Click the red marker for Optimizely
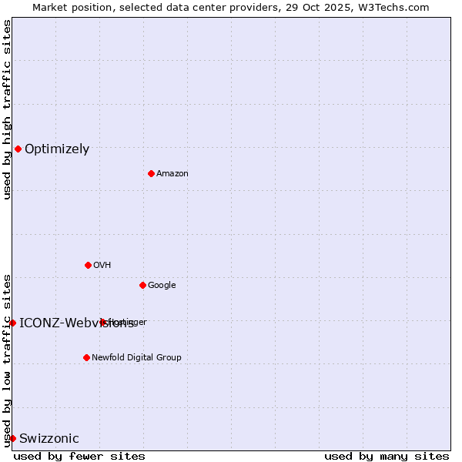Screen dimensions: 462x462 click(18, 149)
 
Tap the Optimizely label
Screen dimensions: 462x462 click(57, 149)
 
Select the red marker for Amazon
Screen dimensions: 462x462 click(151, 173)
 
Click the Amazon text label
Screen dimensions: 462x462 click(172, 174)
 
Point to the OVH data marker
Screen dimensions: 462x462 click(88, 265)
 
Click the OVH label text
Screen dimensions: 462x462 click(102, 266)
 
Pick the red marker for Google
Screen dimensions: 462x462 click(142, 285)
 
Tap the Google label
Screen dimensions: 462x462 click(162, 286)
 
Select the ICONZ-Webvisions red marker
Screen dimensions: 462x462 click(12, 323)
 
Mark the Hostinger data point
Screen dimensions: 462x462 click(102, 322)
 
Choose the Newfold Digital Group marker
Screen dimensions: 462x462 click(86, 357)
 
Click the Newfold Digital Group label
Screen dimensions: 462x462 click(137, 358)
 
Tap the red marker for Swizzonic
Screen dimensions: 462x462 click(12, 438)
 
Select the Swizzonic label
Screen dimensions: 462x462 click(49, 439)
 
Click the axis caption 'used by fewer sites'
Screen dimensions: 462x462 click(79, 456)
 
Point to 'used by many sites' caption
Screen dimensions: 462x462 click(387, 456)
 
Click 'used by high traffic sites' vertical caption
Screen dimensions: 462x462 click(7, 109)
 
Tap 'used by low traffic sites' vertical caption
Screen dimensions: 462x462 click(7, 360)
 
